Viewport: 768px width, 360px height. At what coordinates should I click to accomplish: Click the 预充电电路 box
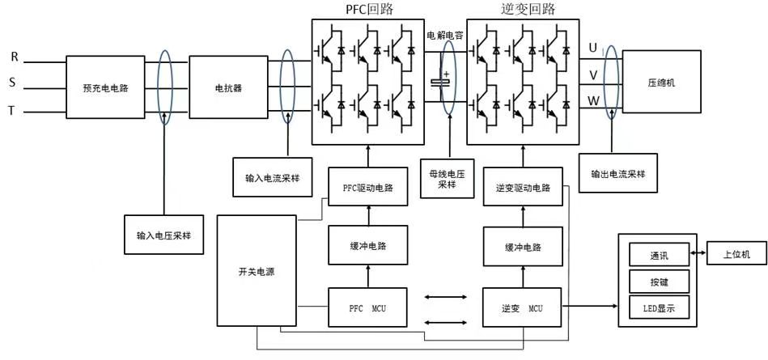tap(105, 87)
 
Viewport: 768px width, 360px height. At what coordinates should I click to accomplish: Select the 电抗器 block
tap(228, 87)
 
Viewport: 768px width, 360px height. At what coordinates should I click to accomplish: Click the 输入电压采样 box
tap(163, 235)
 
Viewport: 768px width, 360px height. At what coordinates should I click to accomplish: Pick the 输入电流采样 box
tap(273, 177)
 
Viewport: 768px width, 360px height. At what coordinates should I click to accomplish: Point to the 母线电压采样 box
tap(448, 178)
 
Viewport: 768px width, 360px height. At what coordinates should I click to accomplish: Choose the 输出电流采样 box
tap(617, 173)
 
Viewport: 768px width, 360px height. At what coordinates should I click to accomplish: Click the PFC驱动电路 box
tap(368, 187)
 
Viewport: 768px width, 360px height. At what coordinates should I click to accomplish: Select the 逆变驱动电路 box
tap(523, 187)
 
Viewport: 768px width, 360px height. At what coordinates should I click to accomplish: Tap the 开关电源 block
tap(257, 270)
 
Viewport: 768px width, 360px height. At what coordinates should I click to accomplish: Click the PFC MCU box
tap(367, 307)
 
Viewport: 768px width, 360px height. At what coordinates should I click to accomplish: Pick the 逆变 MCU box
tap(523, 307)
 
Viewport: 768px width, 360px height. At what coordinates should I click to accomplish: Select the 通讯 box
tap(659, 255)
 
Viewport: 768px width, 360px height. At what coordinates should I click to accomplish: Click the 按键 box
tap(659, 282)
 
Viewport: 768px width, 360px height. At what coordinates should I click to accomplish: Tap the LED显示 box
tap(659, 308)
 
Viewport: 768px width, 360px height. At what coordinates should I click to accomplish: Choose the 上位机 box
tap(736, 254)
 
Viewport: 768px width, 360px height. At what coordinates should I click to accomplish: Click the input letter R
tap(15, 57)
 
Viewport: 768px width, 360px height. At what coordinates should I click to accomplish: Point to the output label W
tap(593, 101)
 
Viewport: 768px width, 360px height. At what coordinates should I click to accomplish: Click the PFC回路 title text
tap(369, 10)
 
